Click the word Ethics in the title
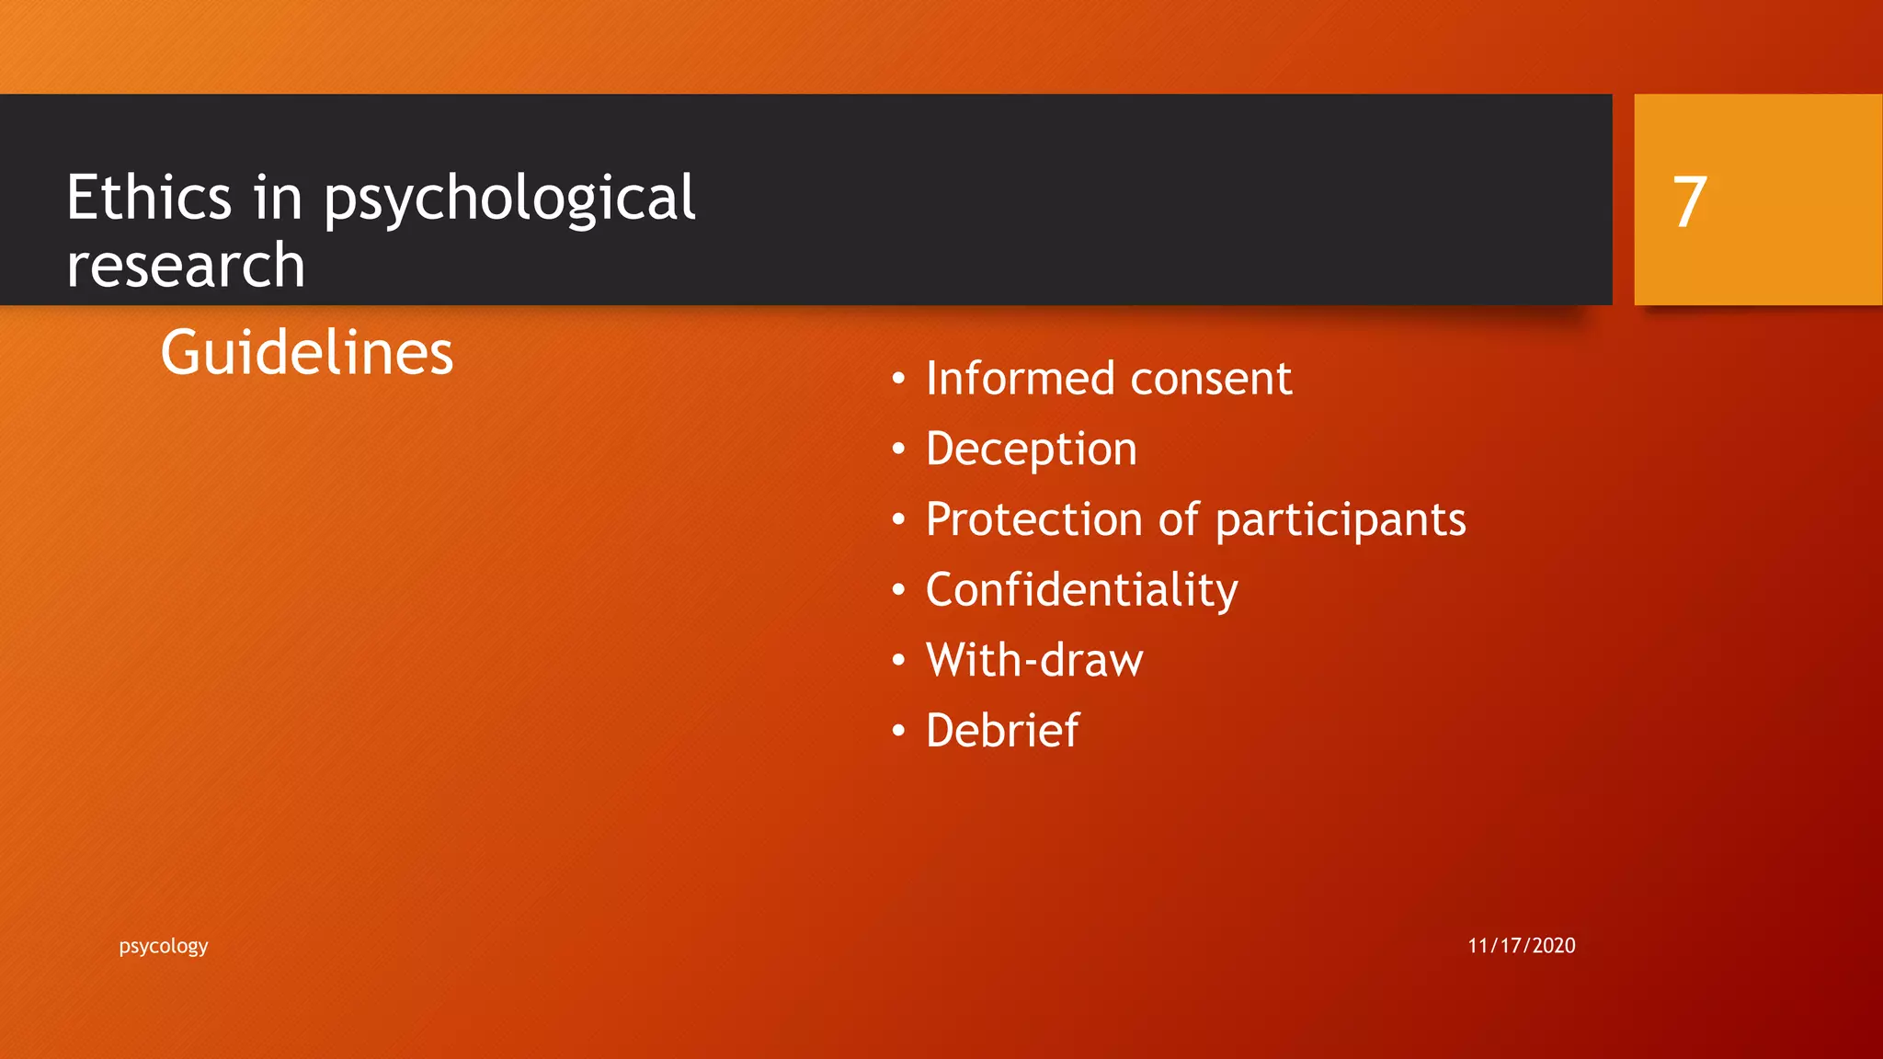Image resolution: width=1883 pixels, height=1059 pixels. [149, 198]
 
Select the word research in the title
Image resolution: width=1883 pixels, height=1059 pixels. [186, 267]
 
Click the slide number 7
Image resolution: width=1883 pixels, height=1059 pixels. [1689, 202]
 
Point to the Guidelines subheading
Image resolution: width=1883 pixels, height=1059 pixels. [307, 353]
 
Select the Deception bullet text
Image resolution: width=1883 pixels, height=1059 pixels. [1031, 450]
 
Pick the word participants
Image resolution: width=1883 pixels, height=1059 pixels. [1341, 521]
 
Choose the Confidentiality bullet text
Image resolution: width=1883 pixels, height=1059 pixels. [1081, 590]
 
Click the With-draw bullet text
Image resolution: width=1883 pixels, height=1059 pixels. [1034, 660]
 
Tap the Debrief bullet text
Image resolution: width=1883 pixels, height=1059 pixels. [1002, 731]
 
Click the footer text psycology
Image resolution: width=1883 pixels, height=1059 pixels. [164, 946]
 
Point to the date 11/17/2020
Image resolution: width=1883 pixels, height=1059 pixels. [1521, 946]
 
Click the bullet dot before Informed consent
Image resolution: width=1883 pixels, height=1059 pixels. [898, 379]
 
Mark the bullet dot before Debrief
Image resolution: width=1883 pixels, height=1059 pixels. [898, 732]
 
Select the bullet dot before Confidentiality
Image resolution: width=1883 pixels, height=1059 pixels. [898, 590]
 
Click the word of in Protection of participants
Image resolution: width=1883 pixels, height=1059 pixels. [1179, 519]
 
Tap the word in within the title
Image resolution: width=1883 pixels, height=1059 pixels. [277, 198]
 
